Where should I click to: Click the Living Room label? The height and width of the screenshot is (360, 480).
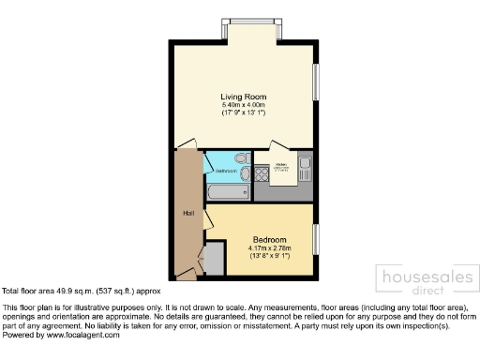(x=245, y=97)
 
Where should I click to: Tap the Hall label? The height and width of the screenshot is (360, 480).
(x=187, y=214)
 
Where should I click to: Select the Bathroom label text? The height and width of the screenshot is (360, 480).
(x=226, y=172)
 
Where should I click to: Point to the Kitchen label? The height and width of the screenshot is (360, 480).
(x=280, y=165)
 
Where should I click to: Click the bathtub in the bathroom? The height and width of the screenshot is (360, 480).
(x=227, y=193)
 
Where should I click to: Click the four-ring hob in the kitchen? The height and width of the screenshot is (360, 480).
(x=261, y=173)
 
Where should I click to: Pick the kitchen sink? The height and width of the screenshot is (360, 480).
(x=305, y=170)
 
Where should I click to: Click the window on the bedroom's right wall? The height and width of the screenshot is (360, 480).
(x=316, y=241)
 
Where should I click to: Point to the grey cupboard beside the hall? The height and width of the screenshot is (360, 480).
(x=215, y=257)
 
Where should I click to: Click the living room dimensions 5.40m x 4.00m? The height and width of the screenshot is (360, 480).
(x=245, y=104)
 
